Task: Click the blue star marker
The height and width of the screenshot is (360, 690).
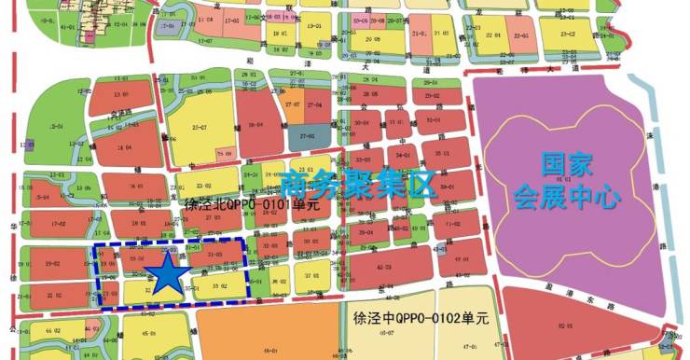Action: [168, 276]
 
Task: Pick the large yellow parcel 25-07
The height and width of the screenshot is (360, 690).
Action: [197, 128]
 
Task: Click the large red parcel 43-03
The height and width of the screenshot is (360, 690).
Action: [409, 268]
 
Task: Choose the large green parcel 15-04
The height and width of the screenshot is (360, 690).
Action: [54, 127]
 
